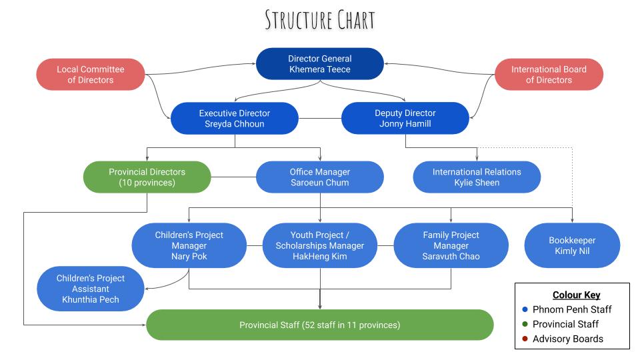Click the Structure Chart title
coord(320,19)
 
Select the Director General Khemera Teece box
coord(320,64)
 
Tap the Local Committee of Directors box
coord(90,75)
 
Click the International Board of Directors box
coord(549,75)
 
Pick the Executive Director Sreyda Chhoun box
coord(235,118)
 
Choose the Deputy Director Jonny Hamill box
coord(405,118)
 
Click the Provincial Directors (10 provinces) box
coord(147,177)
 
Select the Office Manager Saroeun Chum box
coord(320,177)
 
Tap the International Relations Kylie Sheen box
coord(477,177)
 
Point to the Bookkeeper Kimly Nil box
coord(572,245)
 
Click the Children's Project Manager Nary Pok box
coord(189,245)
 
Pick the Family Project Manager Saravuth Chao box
coord(451,245)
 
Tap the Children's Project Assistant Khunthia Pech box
coord(91,289)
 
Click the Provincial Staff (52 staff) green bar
coord(320,325)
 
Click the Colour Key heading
coord(576,295)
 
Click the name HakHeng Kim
coord(320,257)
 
